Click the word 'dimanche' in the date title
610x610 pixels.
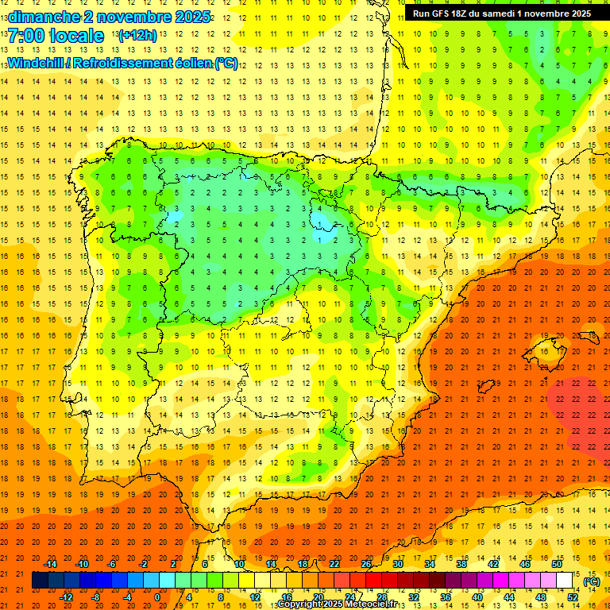[x=43, y=17]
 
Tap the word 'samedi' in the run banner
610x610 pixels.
[x=507, y=14]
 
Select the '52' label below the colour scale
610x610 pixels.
[x=573, y=597]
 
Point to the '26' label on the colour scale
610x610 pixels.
[x=366, y=564]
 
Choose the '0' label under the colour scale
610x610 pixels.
[x=157, y=597]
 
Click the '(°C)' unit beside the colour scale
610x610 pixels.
[x=592, y=581]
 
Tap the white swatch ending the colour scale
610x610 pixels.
[x=564, y=581]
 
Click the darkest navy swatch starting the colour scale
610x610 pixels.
[x=40, y=581]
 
